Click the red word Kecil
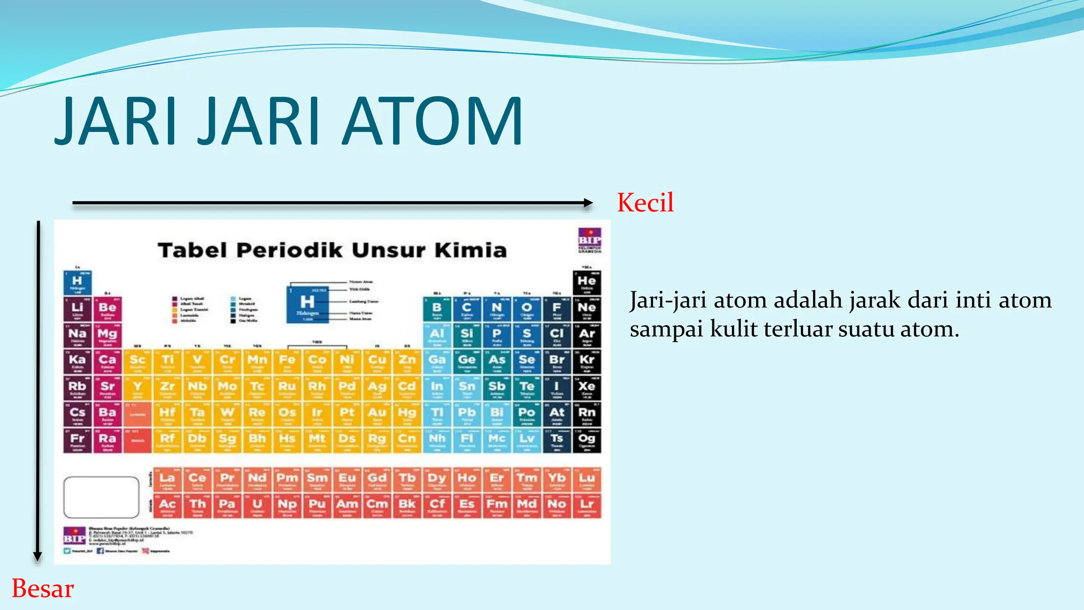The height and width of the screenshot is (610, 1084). coord(645,203)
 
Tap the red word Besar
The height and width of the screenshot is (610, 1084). coord(42,588)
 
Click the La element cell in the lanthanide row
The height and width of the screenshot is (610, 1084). coord(167,480)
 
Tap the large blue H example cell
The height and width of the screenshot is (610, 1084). coord(307,305)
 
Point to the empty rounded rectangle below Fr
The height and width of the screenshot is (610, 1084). coord(101,497)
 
